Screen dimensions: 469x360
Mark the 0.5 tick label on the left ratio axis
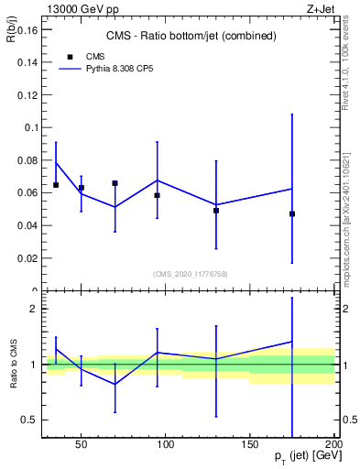28,420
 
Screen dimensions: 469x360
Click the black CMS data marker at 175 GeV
292,213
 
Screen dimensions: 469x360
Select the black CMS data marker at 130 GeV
216,211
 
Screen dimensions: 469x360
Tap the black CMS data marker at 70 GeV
115,183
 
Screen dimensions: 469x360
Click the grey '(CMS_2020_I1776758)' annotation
190,274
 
